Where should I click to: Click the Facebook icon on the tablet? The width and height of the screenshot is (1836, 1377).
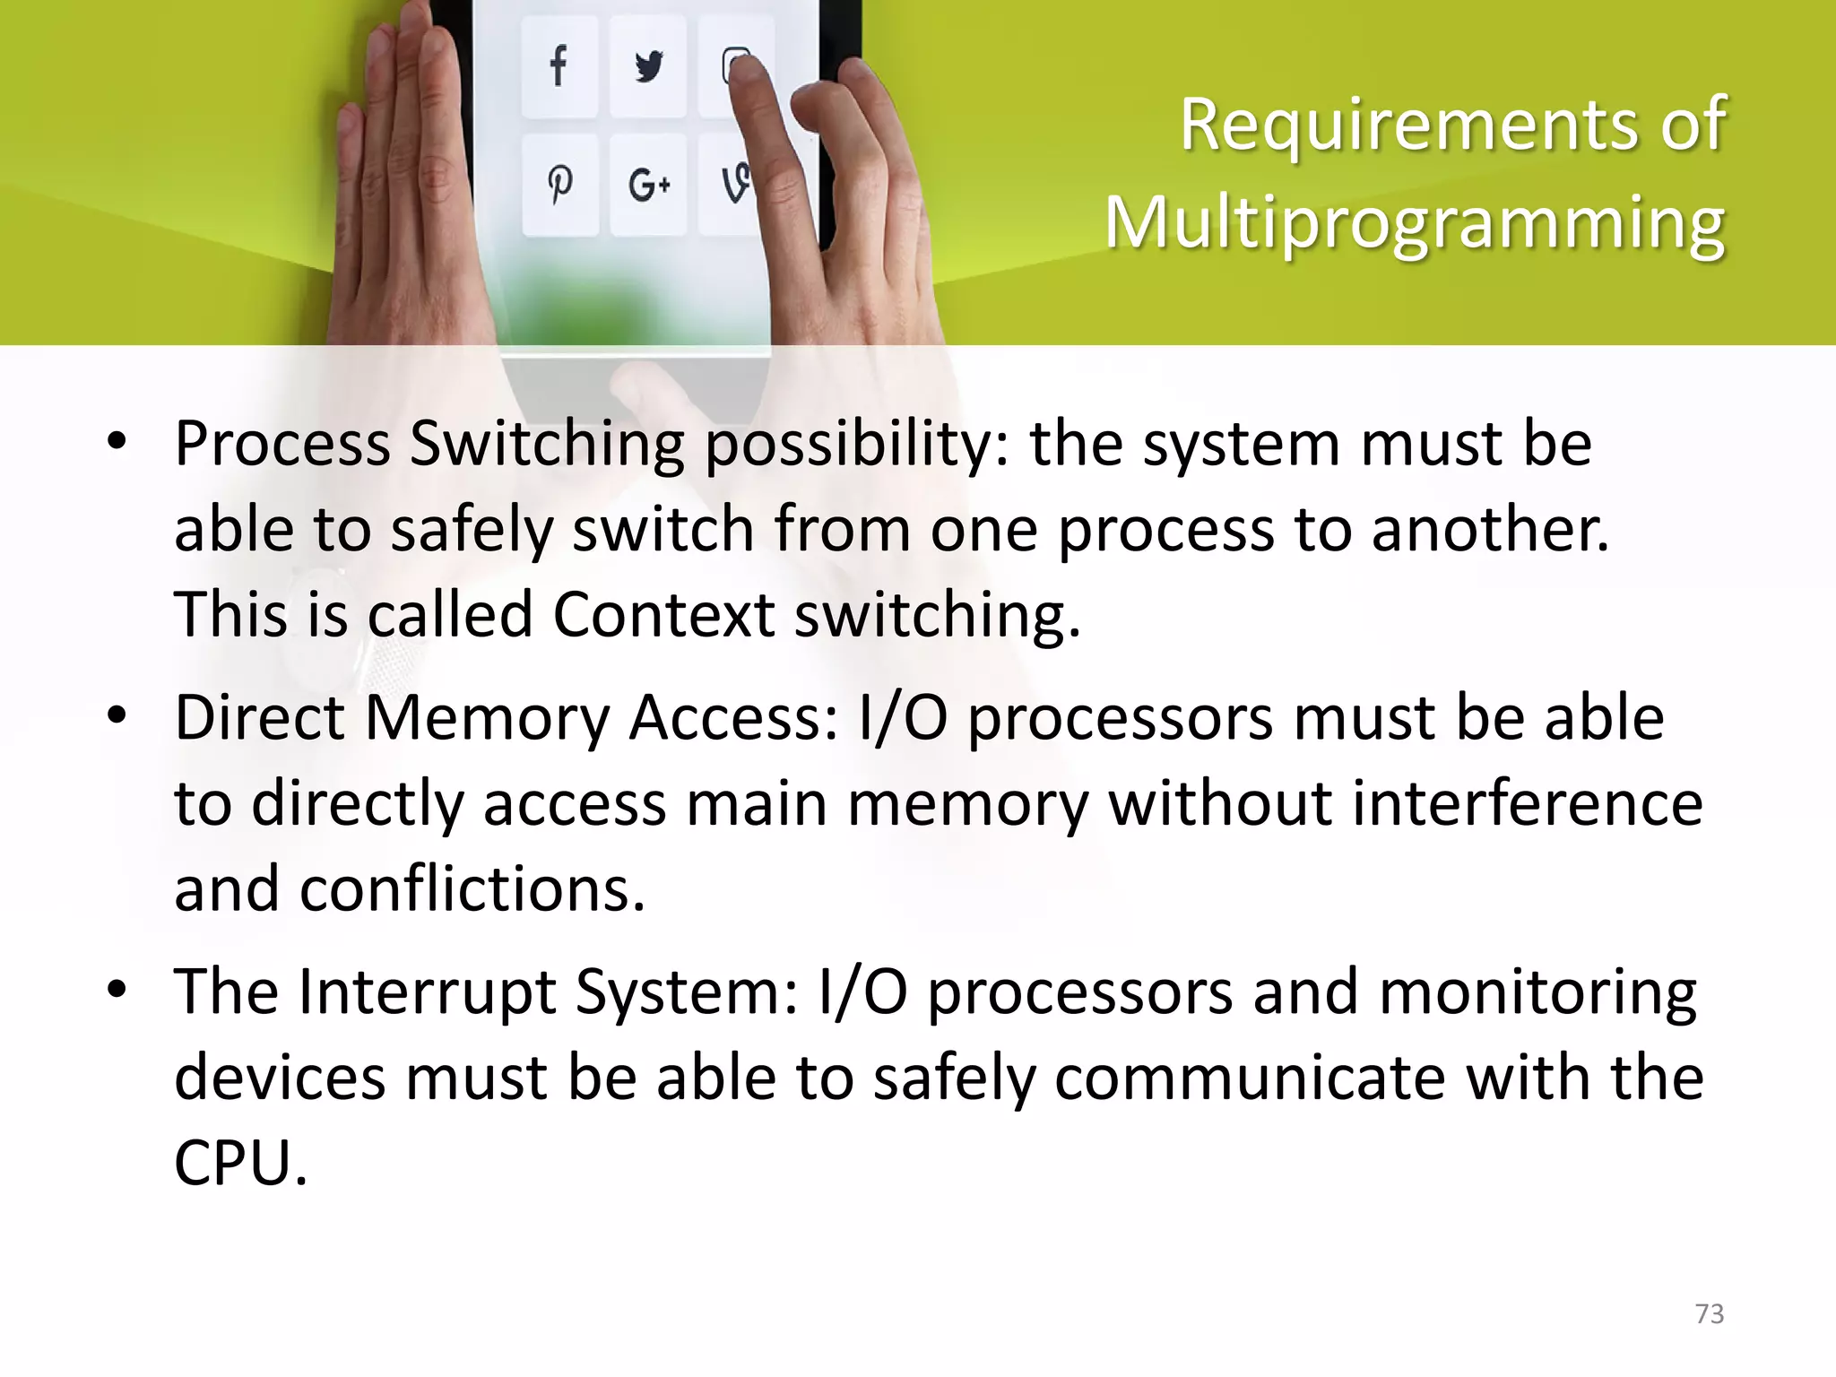[x=559, y=65]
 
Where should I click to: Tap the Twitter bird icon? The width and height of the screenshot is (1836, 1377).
[x=648, y=66]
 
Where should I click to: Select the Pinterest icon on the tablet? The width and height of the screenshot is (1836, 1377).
[x=560, y=184]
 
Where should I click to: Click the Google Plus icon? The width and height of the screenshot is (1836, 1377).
[x=649, y=186]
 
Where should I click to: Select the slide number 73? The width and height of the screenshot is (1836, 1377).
[x=1710, y=1314]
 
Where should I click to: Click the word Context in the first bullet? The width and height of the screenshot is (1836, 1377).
[x=663, y=615]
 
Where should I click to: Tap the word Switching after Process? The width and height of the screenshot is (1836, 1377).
[x=547, y=445]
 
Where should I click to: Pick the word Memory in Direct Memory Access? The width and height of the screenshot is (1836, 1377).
[x=487, y=718]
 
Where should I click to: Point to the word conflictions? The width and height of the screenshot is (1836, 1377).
[x=472, y=889]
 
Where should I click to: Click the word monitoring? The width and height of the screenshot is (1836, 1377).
[x=1537, y=992]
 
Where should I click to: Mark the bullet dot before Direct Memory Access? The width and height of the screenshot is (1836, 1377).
[x=117, y=717]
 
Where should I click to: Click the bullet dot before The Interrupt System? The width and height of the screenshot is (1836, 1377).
[x=117, y=992]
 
